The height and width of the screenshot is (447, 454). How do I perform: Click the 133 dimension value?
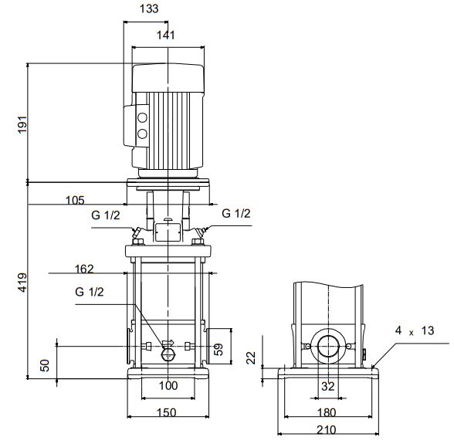click(149, 8)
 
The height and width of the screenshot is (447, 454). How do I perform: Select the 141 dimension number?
click(166, 36)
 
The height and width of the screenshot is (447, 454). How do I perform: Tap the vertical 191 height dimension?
click(22, 124)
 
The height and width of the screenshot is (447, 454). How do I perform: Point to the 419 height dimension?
click(22, 283)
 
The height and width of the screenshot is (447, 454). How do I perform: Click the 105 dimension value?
click(75, 201)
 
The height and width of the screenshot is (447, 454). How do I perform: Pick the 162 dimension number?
click(84, 269)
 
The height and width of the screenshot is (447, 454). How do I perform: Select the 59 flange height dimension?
click(219, 350)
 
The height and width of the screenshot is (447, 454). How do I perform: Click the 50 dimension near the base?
click(45, 365)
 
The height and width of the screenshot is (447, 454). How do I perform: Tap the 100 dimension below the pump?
click(168, 386)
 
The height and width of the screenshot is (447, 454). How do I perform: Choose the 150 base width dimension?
click(167, 412)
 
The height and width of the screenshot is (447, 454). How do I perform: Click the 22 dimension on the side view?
click(251, 357)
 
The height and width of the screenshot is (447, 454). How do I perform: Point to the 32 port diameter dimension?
click(327, 386)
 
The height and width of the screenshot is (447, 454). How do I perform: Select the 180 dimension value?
click(327, 412)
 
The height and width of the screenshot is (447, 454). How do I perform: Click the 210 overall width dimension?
click(327, 429)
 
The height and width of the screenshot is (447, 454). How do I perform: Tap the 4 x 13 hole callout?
click(415, 330)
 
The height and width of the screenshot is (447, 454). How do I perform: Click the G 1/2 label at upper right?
click(236, 213)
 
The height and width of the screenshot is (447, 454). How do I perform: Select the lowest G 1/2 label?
click(90, 292)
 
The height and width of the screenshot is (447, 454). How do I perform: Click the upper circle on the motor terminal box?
click(142, 117)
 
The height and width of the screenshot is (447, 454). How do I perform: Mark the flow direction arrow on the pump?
click(168, 343)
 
